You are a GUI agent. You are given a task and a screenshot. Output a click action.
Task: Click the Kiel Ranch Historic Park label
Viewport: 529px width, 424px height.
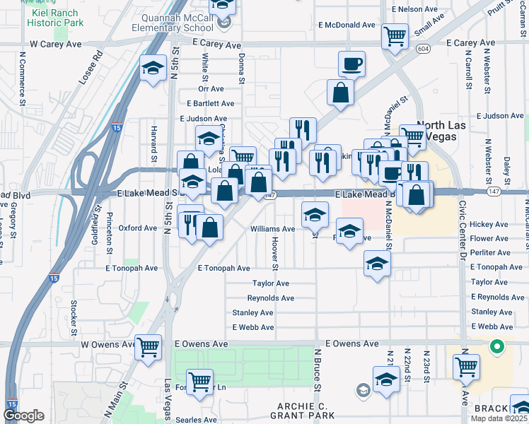click(x=55, y=18)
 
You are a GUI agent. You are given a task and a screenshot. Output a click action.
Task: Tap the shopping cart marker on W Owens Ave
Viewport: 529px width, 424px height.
click(x=149, y=346)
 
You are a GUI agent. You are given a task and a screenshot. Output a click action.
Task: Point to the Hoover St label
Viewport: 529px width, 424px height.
click(x=274, y=254)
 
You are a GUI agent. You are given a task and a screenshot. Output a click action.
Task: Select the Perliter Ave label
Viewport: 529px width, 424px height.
click(x=489, y=252)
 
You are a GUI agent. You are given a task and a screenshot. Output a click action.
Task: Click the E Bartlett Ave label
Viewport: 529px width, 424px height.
click(x=207, y=103)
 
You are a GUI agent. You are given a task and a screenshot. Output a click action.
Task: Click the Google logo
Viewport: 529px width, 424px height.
click(x=24, y=416)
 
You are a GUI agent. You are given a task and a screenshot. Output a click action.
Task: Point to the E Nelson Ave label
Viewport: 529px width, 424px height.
click(x=416, y=9)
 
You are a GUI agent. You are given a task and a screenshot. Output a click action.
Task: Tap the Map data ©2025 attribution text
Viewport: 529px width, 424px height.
click(x=499, y=418)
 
